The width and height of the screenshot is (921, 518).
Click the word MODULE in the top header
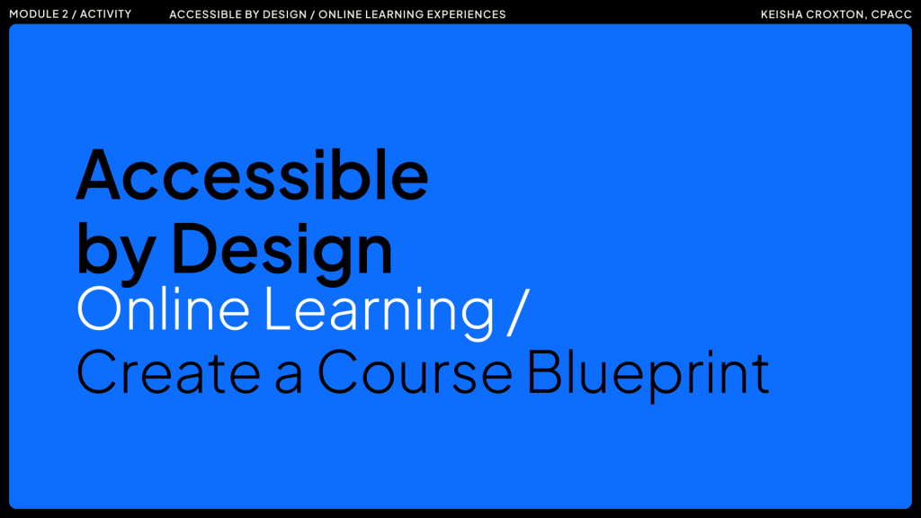click(33, 14)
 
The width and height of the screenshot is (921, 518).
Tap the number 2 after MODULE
click(65, 14)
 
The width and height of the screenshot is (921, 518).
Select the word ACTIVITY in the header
click(106, 14)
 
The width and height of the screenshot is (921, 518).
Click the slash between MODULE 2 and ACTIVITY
click(74, 14)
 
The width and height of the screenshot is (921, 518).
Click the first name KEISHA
click(782, 14)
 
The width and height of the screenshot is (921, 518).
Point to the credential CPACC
click(891, 14)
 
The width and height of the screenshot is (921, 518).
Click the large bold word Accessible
click(253, 175)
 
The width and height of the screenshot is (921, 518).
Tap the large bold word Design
click(282, 248)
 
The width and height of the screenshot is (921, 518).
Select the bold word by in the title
click(116, 249)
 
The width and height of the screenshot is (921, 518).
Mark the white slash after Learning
click(518, 311)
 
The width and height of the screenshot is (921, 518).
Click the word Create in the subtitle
click(168, 371)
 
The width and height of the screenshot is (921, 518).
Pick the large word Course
click(415, 371)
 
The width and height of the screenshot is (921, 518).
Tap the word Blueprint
click(648, 375)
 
